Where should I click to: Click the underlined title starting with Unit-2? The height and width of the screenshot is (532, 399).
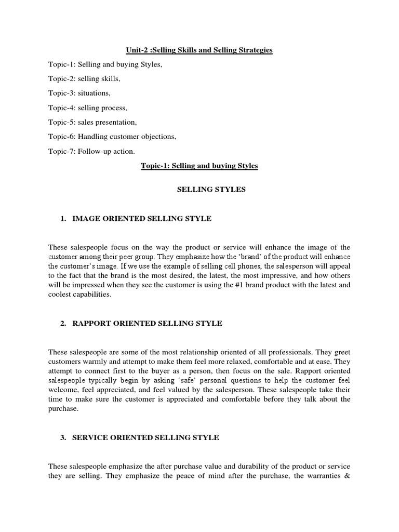(199, 50)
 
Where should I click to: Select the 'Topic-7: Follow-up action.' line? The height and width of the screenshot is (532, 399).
(91, 152)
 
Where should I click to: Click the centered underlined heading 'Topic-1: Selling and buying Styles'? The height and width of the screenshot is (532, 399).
(199, 166)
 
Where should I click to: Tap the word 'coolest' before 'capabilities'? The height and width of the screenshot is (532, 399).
(61, 294)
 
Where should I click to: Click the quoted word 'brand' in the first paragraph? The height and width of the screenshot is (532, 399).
(249, 256)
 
